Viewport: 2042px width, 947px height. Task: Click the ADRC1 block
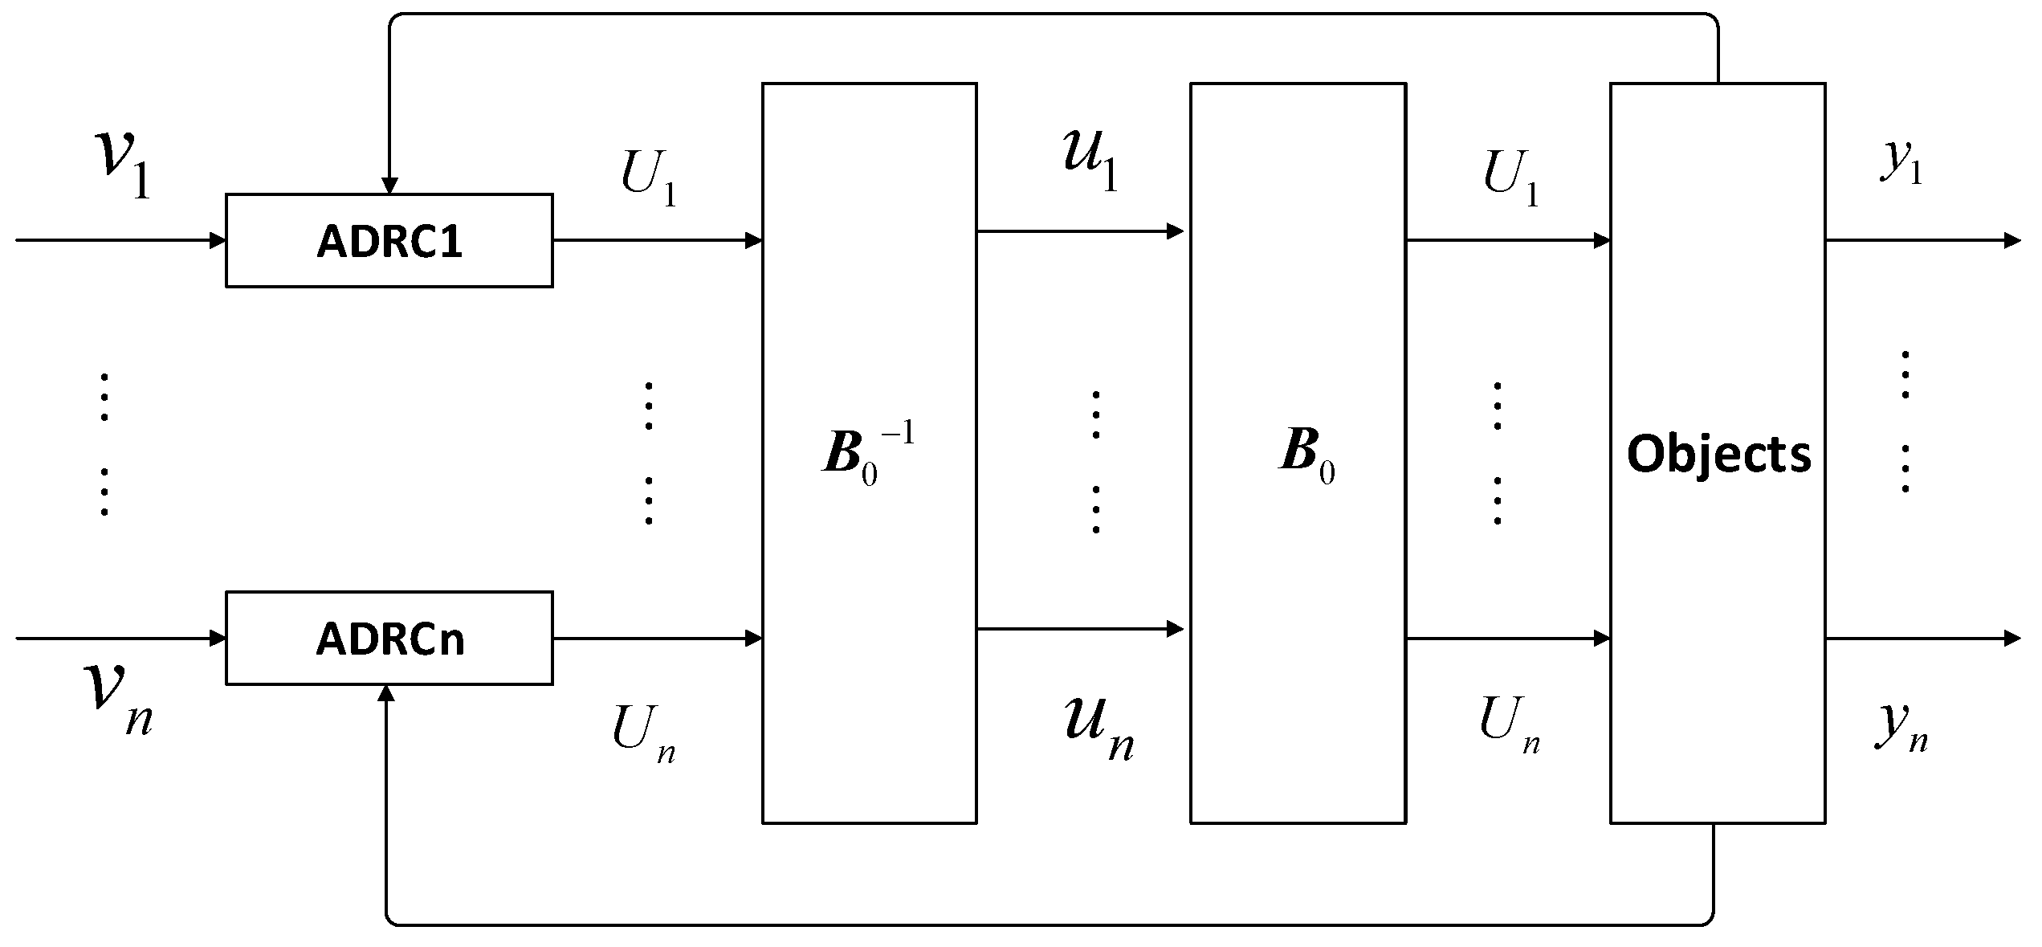[x=389, y=240]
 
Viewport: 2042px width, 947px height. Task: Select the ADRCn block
[x=389, y=639]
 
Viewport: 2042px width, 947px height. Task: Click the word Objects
[x=1718, y=455]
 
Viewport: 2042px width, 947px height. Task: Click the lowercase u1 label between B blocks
[x=1090, y=161]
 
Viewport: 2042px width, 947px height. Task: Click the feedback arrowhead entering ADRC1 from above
[x=389, y=186]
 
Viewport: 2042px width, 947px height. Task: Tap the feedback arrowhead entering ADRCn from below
[x=386, y=693]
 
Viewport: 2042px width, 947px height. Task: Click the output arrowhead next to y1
[x=2012, y=240]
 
